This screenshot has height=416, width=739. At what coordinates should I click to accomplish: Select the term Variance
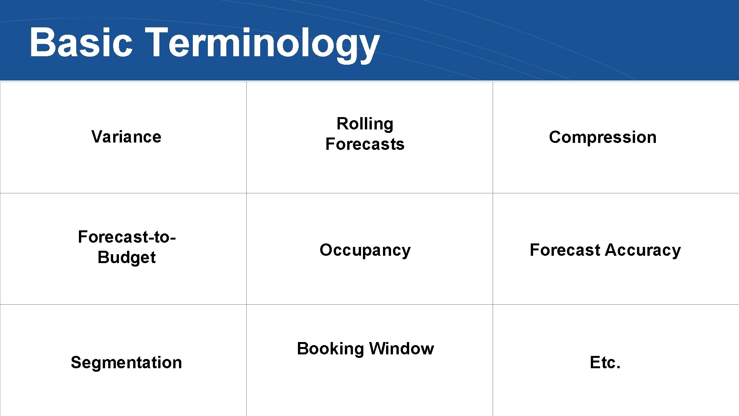tap(126, 137)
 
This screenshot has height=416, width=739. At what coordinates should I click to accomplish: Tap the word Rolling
tap(365, 124)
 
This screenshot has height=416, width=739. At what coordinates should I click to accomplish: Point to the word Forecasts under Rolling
tap(365, 144)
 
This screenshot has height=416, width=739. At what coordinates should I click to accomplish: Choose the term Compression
tap(603, 137)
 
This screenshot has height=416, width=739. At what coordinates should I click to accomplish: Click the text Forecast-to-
tap(127, 237)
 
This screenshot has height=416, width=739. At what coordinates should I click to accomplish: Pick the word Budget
tap(127, 257)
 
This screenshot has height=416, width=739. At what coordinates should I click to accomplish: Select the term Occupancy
tap(365, 250)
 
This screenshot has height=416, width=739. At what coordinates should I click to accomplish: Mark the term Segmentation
tap(126, 362)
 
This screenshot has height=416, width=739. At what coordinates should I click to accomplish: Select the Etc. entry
tap(605, 362)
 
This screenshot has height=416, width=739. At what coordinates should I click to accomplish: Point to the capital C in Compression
tap(555, 137)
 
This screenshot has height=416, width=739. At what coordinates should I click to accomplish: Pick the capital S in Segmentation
tap(75, 362)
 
